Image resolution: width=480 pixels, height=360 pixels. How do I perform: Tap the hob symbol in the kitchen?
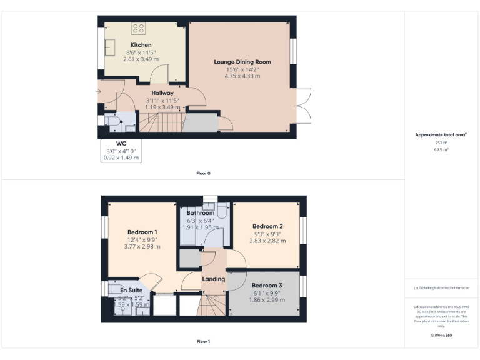point(139,28)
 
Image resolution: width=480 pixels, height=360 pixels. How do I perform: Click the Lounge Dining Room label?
point(242,62)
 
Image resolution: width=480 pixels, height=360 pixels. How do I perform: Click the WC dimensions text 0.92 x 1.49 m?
point(121,157)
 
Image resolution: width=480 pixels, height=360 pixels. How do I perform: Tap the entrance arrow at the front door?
point(97,92)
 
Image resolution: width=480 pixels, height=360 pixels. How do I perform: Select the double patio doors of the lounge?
point(301,104)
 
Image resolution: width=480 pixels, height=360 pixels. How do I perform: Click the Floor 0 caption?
point(203,173)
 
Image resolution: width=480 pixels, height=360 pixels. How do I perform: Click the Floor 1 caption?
point(203,342)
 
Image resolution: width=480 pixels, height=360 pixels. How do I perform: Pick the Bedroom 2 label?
point(268,226)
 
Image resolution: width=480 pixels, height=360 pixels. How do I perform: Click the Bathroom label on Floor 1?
point(200,213)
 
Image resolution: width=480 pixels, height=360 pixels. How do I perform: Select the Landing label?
point(213,279)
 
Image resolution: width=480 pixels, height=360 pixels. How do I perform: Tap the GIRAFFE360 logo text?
point(441,336)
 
